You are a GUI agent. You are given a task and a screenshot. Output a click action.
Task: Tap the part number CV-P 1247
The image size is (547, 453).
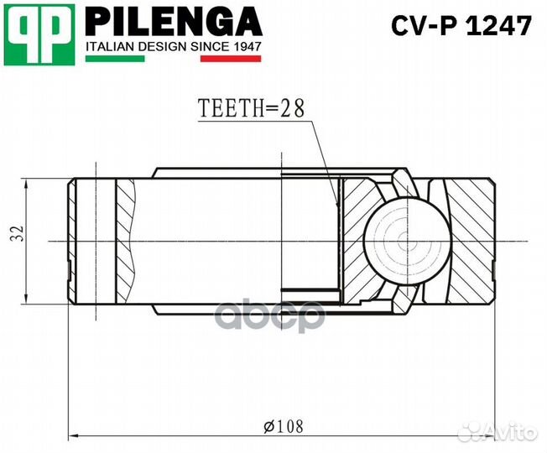461,27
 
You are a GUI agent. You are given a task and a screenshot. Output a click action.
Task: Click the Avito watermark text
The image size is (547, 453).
512,432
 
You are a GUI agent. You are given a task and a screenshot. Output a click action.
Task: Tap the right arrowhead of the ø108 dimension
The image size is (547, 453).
495,436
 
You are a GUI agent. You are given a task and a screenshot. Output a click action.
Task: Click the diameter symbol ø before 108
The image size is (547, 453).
268,427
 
